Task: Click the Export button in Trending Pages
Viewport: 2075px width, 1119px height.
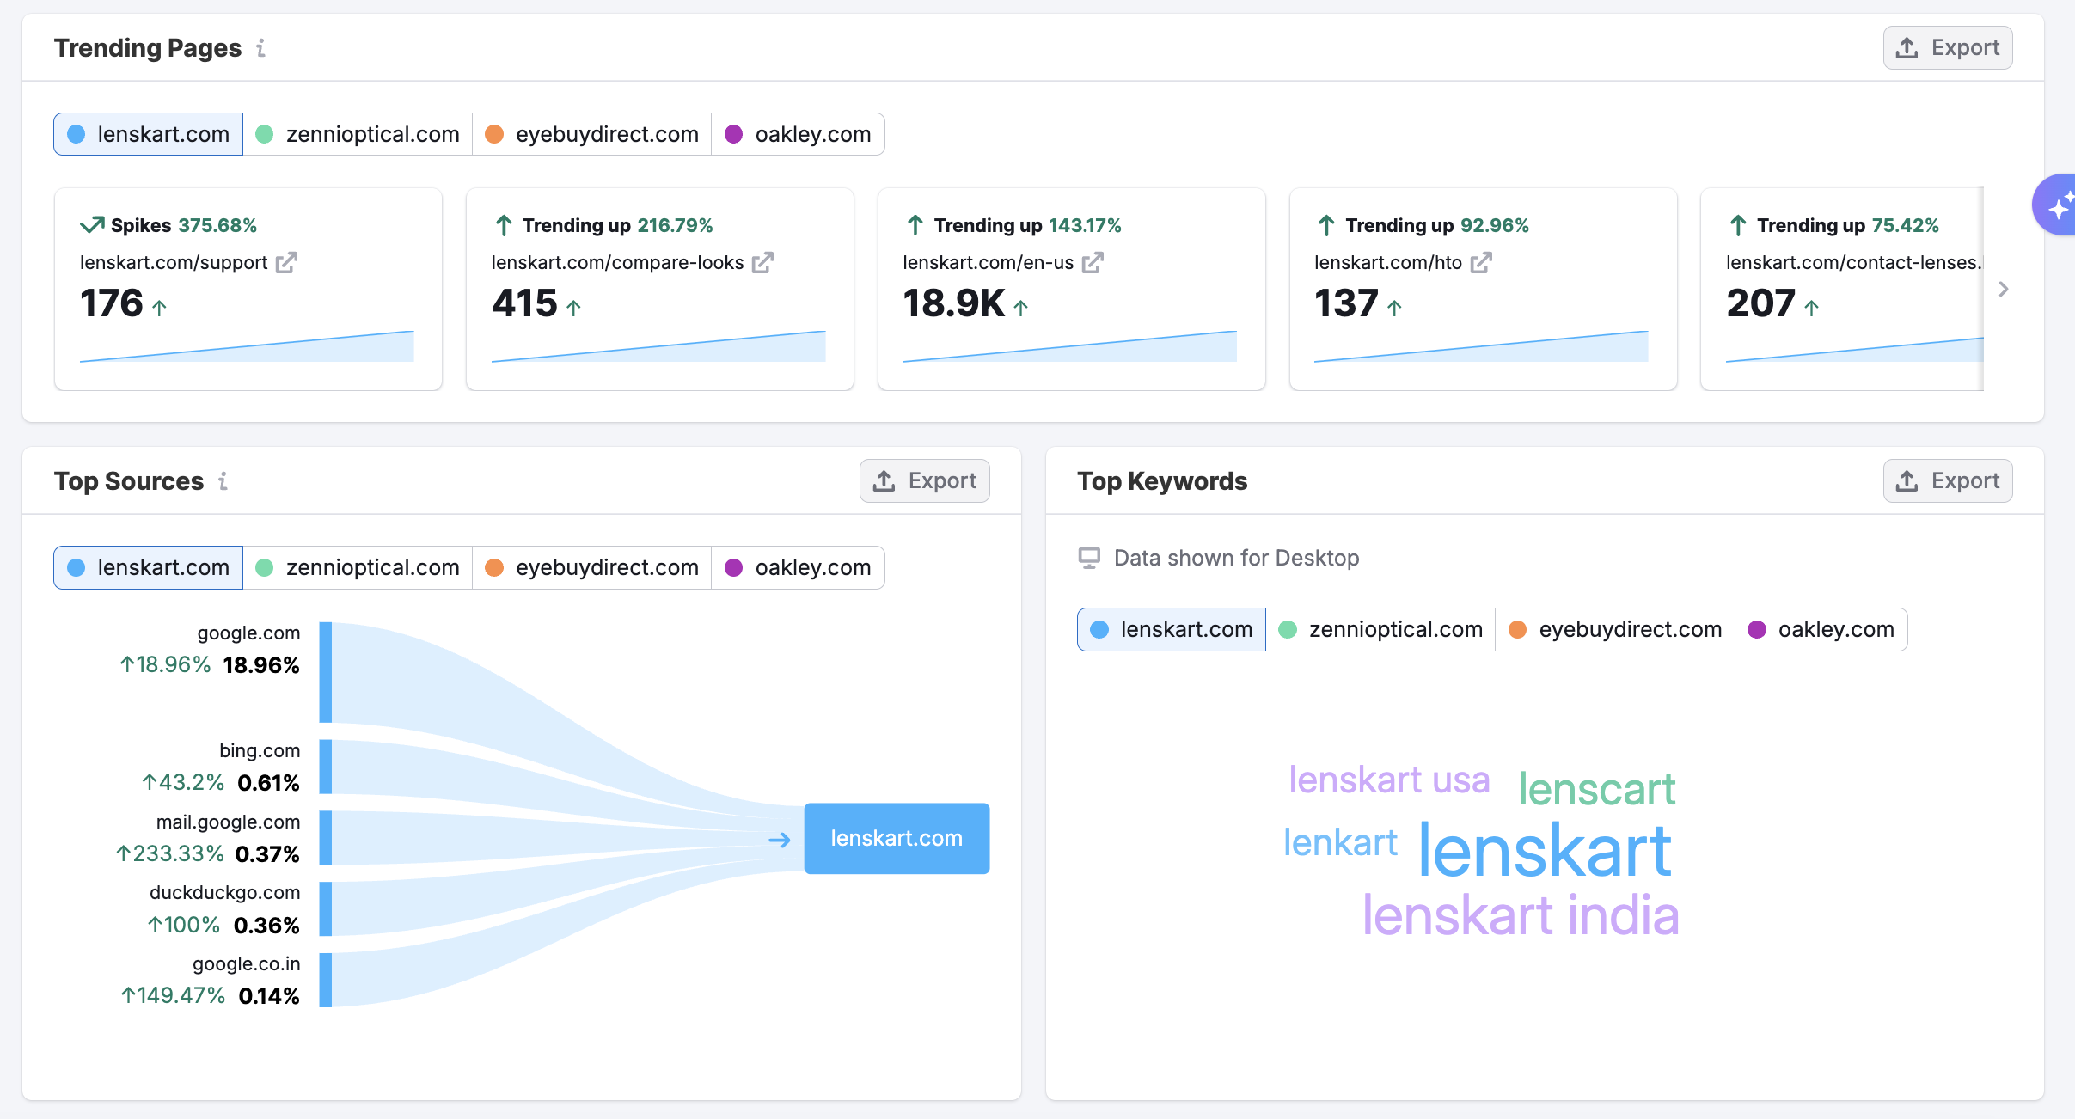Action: pyautogui.click(x=1947, y=48)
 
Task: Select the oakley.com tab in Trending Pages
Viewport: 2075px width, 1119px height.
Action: pyautogui.click(x=799, y=134)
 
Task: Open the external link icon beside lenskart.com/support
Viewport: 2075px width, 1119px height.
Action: pyautogui.click(x=286, y=263)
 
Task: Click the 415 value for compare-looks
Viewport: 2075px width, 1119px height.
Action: pyautogui.click(x=524, y=303)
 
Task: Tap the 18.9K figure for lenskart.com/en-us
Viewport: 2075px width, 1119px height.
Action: pyautogui.click(x=953, y=303)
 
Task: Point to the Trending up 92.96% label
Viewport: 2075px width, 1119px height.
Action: pyautogui.click(x=1423, y=225)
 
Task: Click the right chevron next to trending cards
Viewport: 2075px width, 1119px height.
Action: pyautogui.click(x=2004, y=290)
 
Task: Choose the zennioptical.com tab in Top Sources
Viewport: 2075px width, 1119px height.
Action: pyautogui.click(x=358, y=567)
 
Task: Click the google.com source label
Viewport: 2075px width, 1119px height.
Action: pyautogui.click(x=248, y=633)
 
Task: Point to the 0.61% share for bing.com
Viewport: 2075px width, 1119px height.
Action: pyautogui.click(x=268, y=783)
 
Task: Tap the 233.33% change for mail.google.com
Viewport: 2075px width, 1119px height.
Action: pyautogui.click(x=170, y=853)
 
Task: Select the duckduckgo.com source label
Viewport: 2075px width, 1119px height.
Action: pyautogui.click(x=224, y=893)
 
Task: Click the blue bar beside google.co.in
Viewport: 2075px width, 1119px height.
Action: pyautogui.click(x=326, y=980)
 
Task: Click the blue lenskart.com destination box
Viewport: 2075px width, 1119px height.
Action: pyautogui.click(x=897, y=839)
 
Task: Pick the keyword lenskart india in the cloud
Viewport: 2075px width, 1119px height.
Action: pyautogui.click(x=1520, y=915)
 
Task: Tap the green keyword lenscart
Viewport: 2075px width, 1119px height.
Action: pyautogui.click(x=1596, y=789)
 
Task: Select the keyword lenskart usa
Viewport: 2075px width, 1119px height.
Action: pyautogui.click(x=1388, y=780)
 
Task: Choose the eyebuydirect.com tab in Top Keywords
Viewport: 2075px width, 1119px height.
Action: pyautogui.click(x=1616, y=630)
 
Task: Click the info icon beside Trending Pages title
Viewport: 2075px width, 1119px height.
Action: pyautogui.click(x=260, y=48)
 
